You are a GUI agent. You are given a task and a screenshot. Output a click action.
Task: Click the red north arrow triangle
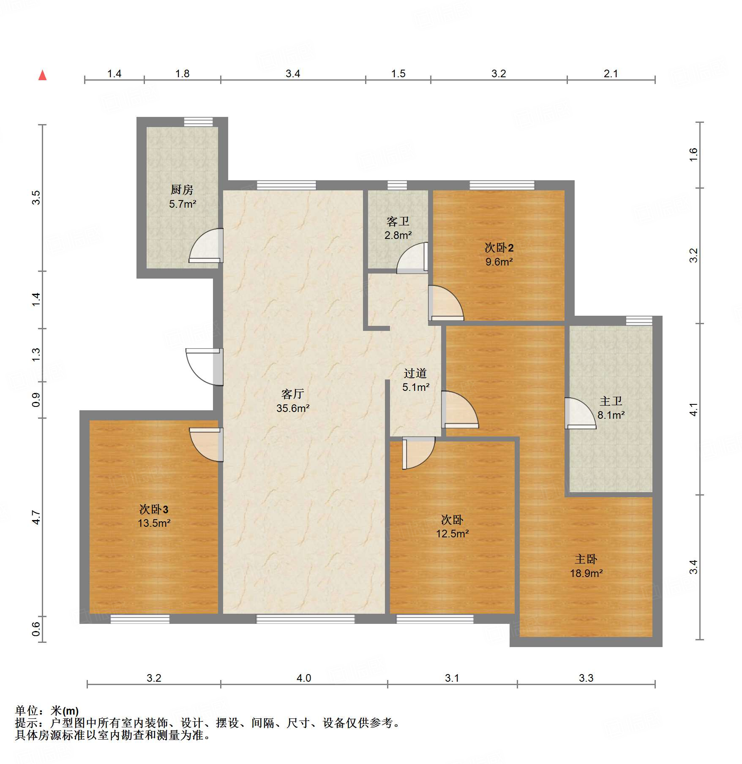(43, 75)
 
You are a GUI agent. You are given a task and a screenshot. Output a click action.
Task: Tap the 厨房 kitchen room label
(182, 190)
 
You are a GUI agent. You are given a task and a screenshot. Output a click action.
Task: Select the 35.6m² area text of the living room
(293, 408)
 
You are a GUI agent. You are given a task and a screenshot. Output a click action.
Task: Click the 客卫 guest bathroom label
(398, 221)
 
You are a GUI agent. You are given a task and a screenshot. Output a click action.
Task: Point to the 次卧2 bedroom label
(499, 247)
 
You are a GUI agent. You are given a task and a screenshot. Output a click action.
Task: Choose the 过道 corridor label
(415, 373)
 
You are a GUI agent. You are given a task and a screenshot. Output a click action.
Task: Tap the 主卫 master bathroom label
(611, 401)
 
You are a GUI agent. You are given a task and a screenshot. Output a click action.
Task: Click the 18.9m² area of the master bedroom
(587, 573)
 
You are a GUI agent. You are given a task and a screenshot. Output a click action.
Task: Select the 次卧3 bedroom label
(154, 509)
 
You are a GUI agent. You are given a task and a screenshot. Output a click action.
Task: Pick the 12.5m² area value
(453, 534)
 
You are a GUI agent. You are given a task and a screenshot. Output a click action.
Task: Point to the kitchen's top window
(199, 122)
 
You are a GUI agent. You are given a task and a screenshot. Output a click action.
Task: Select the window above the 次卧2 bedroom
(502, 185)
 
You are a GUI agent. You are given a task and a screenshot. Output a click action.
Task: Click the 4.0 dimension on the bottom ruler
(304, 678)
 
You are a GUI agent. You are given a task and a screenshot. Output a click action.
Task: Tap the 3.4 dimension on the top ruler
(293, 73)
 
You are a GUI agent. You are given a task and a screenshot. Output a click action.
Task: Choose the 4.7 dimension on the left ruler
(36, 517)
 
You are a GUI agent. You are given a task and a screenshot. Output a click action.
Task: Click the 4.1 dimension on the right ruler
(693, 409)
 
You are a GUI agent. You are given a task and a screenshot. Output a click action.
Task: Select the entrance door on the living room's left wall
(205, 367)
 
